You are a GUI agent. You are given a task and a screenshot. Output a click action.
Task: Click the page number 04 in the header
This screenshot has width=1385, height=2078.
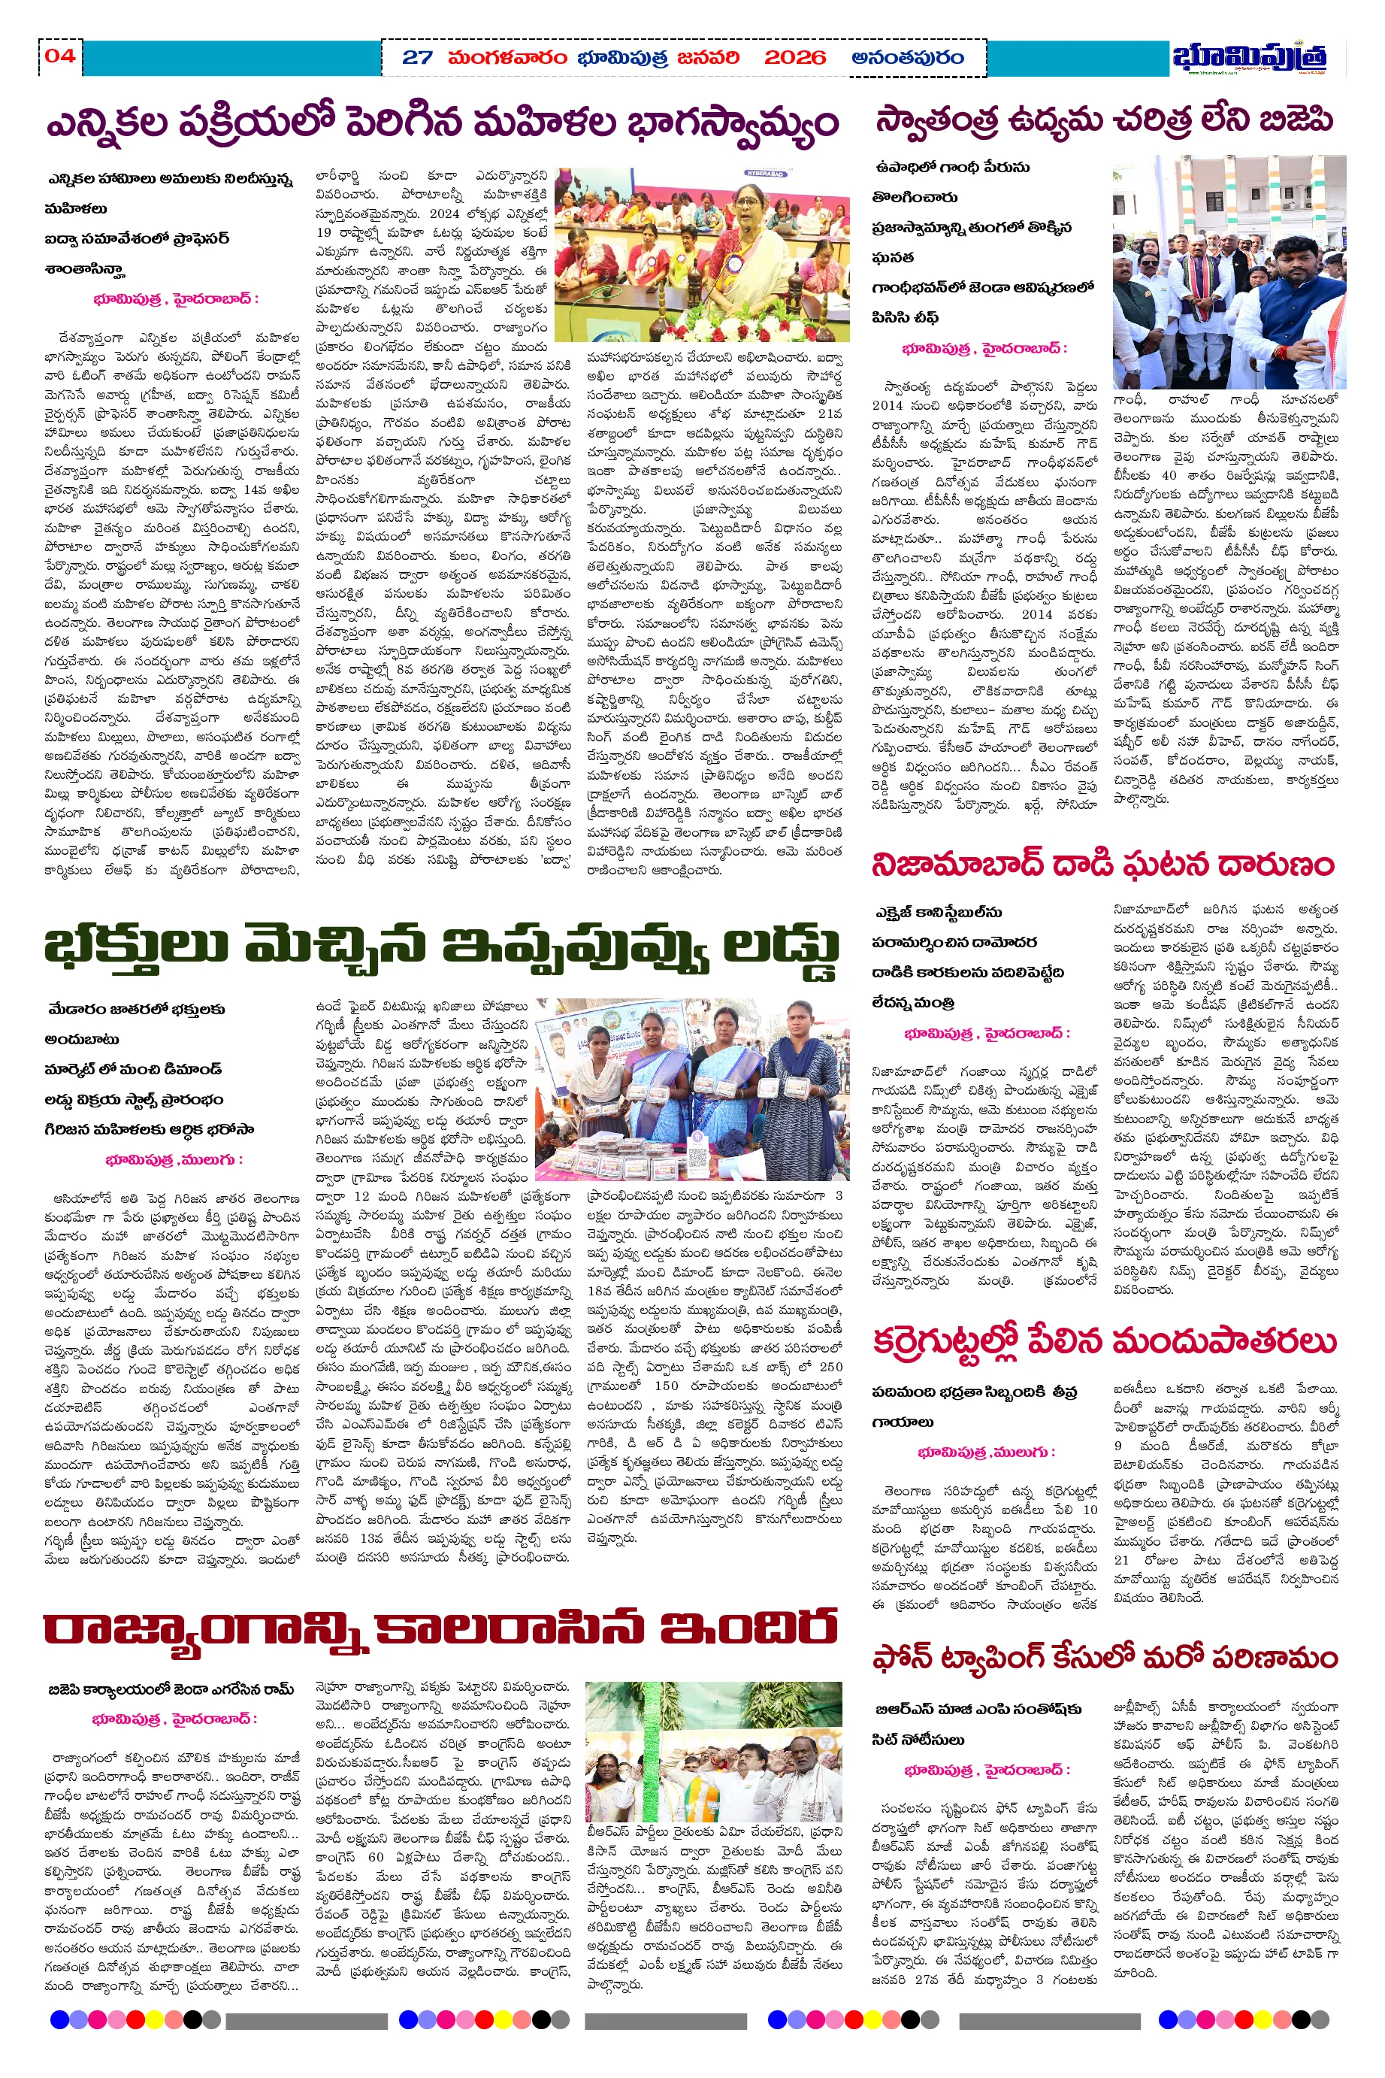[x=60, y=56]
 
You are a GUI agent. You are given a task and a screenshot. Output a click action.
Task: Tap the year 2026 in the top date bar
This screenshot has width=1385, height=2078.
[x=794, y=59]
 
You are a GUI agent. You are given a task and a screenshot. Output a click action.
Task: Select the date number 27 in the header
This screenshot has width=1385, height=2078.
[x=417, y=59]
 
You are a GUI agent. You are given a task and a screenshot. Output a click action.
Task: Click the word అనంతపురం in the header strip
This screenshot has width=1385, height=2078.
[x=907, y=59]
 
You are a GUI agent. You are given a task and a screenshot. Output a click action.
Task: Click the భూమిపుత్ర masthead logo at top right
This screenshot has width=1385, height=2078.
[x=1249, y=57]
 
